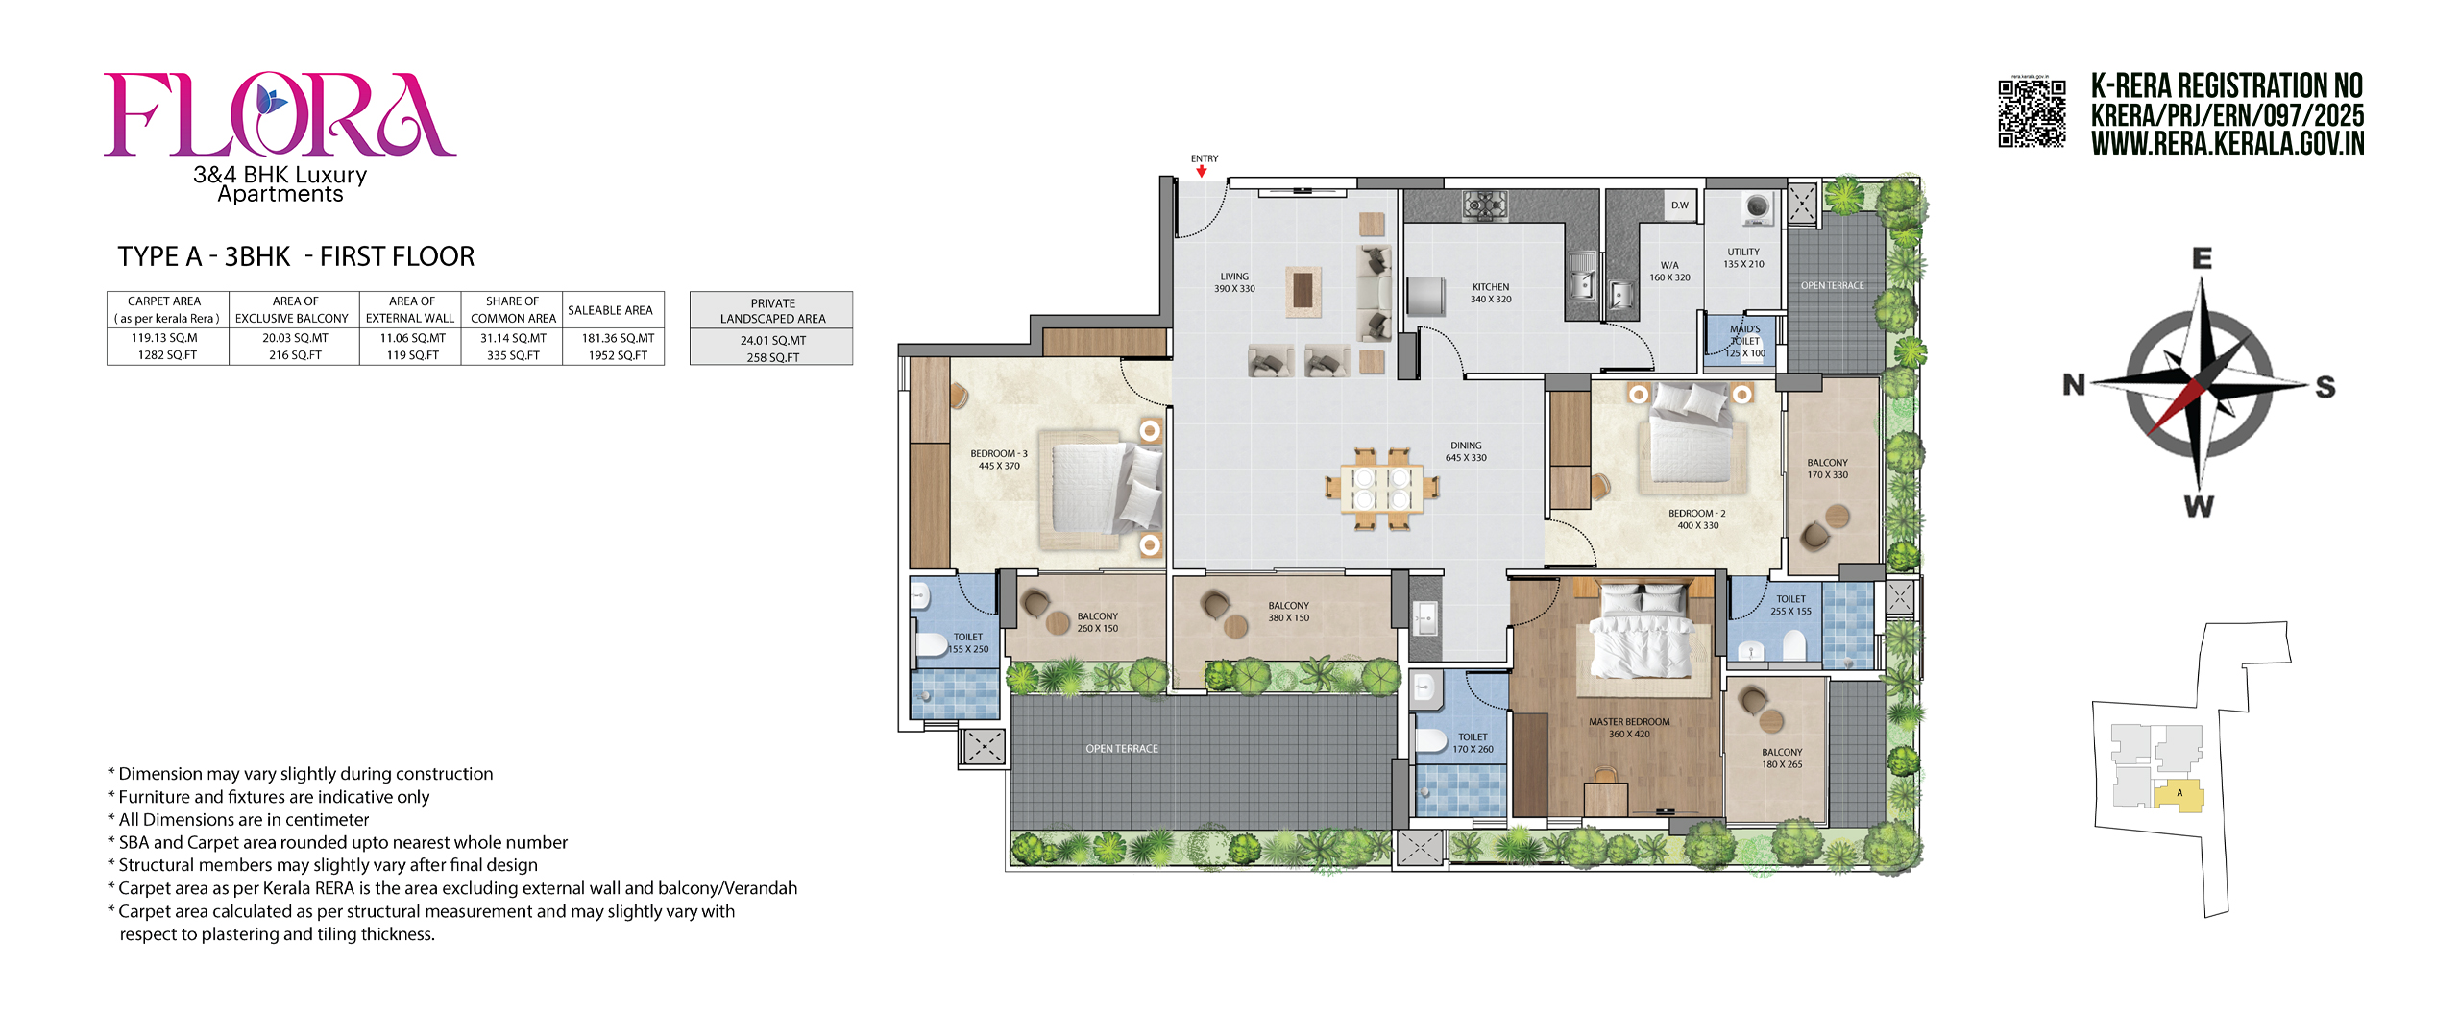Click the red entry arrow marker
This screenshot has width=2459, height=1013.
[1202, 171]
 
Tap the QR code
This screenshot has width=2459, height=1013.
[2032, 113]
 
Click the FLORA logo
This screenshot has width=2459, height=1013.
[280, 114]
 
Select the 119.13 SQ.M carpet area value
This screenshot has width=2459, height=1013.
[164, 338]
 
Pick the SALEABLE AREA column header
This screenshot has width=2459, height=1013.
[610, 310]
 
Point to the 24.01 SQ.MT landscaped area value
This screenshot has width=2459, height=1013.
[773, 341]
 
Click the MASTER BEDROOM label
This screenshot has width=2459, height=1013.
[1629, 722]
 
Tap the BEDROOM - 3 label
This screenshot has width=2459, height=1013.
[999, 454]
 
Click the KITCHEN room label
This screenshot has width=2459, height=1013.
[1491, 287]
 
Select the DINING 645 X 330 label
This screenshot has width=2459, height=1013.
[1466, 451]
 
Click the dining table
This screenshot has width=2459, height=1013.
[1381, 488]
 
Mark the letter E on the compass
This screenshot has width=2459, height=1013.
[2202, 258]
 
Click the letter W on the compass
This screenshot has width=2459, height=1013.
[2199, 506]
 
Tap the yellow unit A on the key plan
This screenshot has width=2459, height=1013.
[2179, 796]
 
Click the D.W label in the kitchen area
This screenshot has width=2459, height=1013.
[1680, 205]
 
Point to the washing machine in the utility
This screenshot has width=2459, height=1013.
[1758, 207]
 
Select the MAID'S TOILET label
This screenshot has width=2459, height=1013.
[1745, 335]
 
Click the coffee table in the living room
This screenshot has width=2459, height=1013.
[1303, 290]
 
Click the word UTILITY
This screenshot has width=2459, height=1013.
[1743, 253]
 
